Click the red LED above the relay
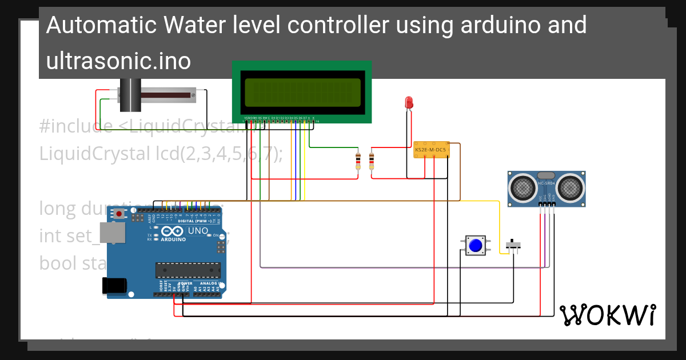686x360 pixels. (x=409, y=102)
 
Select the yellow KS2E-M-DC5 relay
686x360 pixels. (x=431, y=150)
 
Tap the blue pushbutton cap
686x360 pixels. (x=475, y=246)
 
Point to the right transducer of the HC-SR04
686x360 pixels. (x=569, y=186)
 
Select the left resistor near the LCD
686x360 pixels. (x=358, y=161)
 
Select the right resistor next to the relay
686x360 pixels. (x=372, y=161)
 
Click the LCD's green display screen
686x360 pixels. (x=302, y=93)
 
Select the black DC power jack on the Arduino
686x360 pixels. (x=114, y=286)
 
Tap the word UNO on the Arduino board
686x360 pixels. (x=198, y=230)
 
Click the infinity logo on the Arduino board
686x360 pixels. (x=173, y=231)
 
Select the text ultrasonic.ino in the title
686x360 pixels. (x=118, y=61)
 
